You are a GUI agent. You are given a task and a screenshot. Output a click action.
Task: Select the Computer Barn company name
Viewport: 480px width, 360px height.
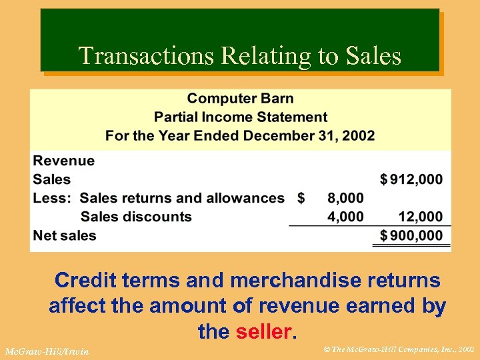point(240,99)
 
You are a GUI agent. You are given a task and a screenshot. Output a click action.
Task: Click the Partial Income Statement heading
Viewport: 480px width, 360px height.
point(240,117)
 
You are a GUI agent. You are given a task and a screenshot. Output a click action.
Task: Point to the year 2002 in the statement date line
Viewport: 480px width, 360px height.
point(360,136)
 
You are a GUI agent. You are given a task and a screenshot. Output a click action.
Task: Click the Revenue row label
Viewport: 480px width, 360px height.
point(64,161)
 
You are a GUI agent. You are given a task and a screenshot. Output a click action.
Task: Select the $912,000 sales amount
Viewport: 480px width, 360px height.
point(411,179)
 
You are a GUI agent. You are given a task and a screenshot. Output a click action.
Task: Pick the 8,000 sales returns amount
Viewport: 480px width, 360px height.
point(345,198)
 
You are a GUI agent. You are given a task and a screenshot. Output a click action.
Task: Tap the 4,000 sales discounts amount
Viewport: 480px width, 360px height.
point(345,217)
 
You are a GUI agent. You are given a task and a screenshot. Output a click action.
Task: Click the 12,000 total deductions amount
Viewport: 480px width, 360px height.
point(420,217)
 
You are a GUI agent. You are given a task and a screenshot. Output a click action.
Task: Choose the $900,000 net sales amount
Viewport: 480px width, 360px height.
point(411,235)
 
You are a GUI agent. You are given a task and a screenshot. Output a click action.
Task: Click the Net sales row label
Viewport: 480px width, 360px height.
point(65,235)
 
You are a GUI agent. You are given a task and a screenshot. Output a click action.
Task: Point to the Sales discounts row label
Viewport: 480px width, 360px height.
point(136,217)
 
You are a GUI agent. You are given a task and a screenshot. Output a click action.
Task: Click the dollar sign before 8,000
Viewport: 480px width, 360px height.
point(301,198)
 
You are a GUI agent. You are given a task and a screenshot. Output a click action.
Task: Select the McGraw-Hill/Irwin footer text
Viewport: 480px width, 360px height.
point(47,351)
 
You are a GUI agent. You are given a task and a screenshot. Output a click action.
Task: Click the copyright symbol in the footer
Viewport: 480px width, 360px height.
point(325,349)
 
